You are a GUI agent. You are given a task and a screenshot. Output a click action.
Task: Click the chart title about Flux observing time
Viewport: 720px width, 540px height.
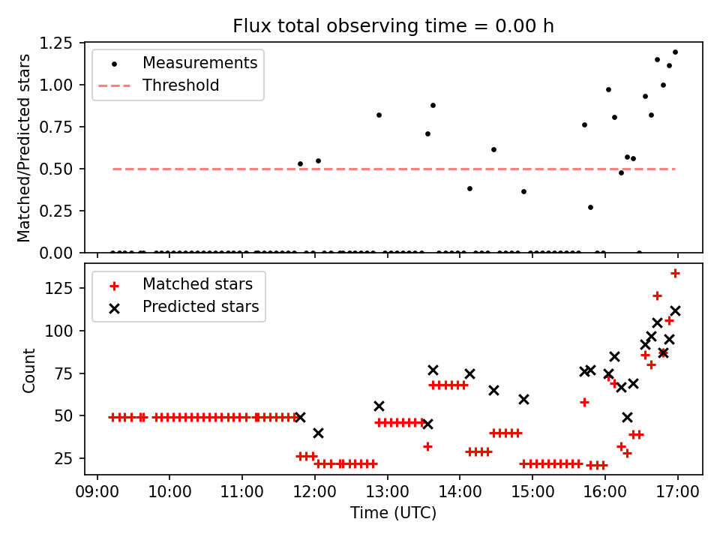coord(393,26)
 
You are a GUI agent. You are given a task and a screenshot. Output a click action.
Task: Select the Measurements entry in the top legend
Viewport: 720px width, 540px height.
coord(199,62)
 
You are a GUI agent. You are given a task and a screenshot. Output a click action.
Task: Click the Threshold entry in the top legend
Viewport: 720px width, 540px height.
coord(181,85)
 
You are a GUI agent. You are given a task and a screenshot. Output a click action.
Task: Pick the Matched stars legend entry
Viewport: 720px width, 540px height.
coord(197,284)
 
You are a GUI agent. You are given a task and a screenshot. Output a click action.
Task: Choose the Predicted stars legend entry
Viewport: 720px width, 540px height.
coord(200,307)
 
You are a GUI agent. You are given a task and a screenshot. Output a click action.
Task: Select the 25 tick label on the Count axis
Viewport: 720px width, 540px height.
coord(69,457)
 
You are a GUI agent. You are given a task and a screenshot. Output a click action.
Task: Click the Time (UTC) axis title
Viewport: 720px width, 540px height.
coord(393,514)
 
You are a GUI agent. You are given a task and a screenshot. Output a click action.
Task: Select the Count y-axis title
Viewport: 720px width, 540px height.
coord(29,370)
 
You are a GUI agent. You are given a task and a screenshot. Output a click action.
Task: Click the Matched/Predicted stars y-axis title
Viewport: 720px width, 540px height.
coord(25,148)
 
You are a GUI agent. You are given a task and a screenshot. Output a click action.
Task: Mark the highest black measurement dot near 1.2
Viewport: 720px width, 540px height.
coord(675,52)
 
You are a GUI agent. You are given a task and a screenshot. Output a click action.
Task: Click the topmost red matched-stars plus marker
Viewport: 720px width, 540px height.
coord(675,273)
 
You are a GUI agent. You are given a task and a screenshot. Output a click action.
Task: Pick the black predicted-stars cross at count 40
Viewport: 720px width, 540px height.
coord(318,433)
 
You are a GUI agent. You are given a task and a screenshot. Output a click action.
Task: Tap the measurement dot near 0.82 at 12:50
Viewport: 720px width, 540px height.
coord(379,115)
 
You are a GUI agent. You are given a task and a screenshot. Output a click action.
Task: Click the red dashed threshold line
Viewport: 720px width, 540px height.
coord(375,169)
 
